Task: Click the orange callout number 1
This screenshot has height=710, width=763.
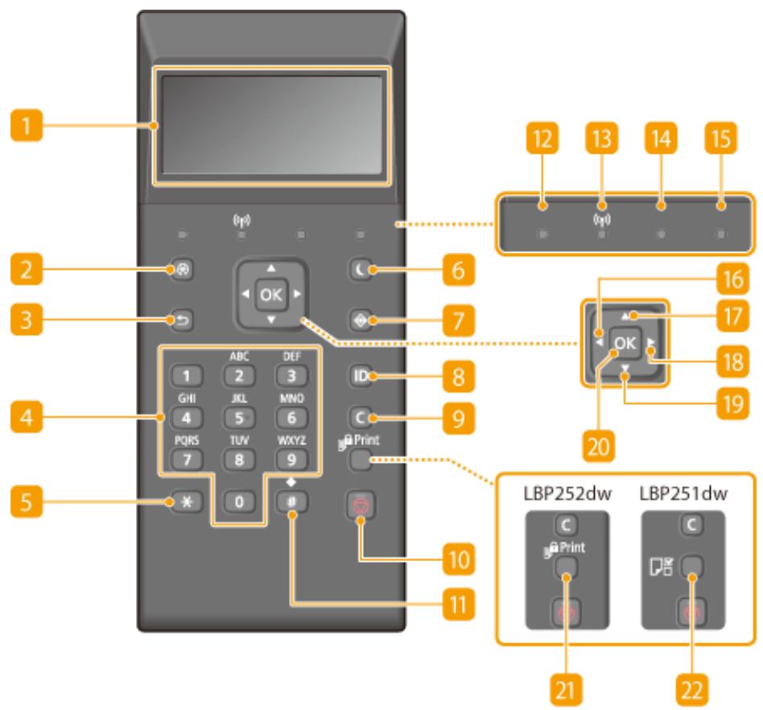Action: pyautogui.click(x=27, y=125)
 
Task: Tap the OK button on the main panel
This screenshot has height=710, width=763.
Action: pyautogui.click(x=271, y=295)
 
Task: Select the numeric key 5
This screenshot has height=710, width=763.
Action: pyautogui.click(x=239, y=418)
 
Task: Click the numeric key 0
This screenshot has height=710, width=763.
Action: pyautogui.click(x=239, y=502)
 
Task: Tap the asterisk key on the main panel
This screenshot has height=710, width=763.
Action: pyautogui.click(x=187, y=502)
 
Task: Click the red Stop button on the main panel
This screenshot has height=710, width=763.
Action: pyautogui.click(x=361, y=506)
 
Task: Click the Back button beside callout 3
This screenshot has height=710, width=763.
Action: pyautogui.click(x=182, y=320)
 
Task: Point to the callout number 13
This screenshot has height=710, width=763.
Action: pyautogui.click(x=601, y=138)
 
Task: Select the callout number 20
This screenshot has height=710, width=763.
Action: pyautogui.click(x=599, y=446)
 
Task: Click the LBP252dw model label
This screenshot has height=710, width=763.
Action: pyautogui.click(x=567, y=493)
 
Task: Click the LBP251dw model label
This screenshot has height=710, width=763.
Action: pyautogui.click(x=683, y=493)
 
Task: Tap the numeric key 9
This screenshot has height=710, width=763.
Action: pyautogui.click(x=291, y=460)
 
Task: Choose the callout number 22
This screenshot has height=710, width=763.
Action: pyautogui.click(x=692, y=690)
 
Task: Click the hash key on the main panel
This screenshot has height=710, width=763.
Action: pyautogui.click(x=291, y=502)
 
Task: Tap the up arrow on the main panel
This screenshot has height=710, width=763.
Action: pyautogui.click(x=271, y=268)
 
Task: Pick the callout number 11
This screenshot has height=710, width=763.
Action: pyautogui.click(x=459, y=605)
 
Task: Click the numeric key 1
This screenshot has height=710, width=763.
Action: pyautogui.click(x=187, y=376)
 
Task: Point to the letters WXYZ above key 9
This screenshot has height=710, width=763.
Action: pyautogui.click(x=291, y=440)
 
